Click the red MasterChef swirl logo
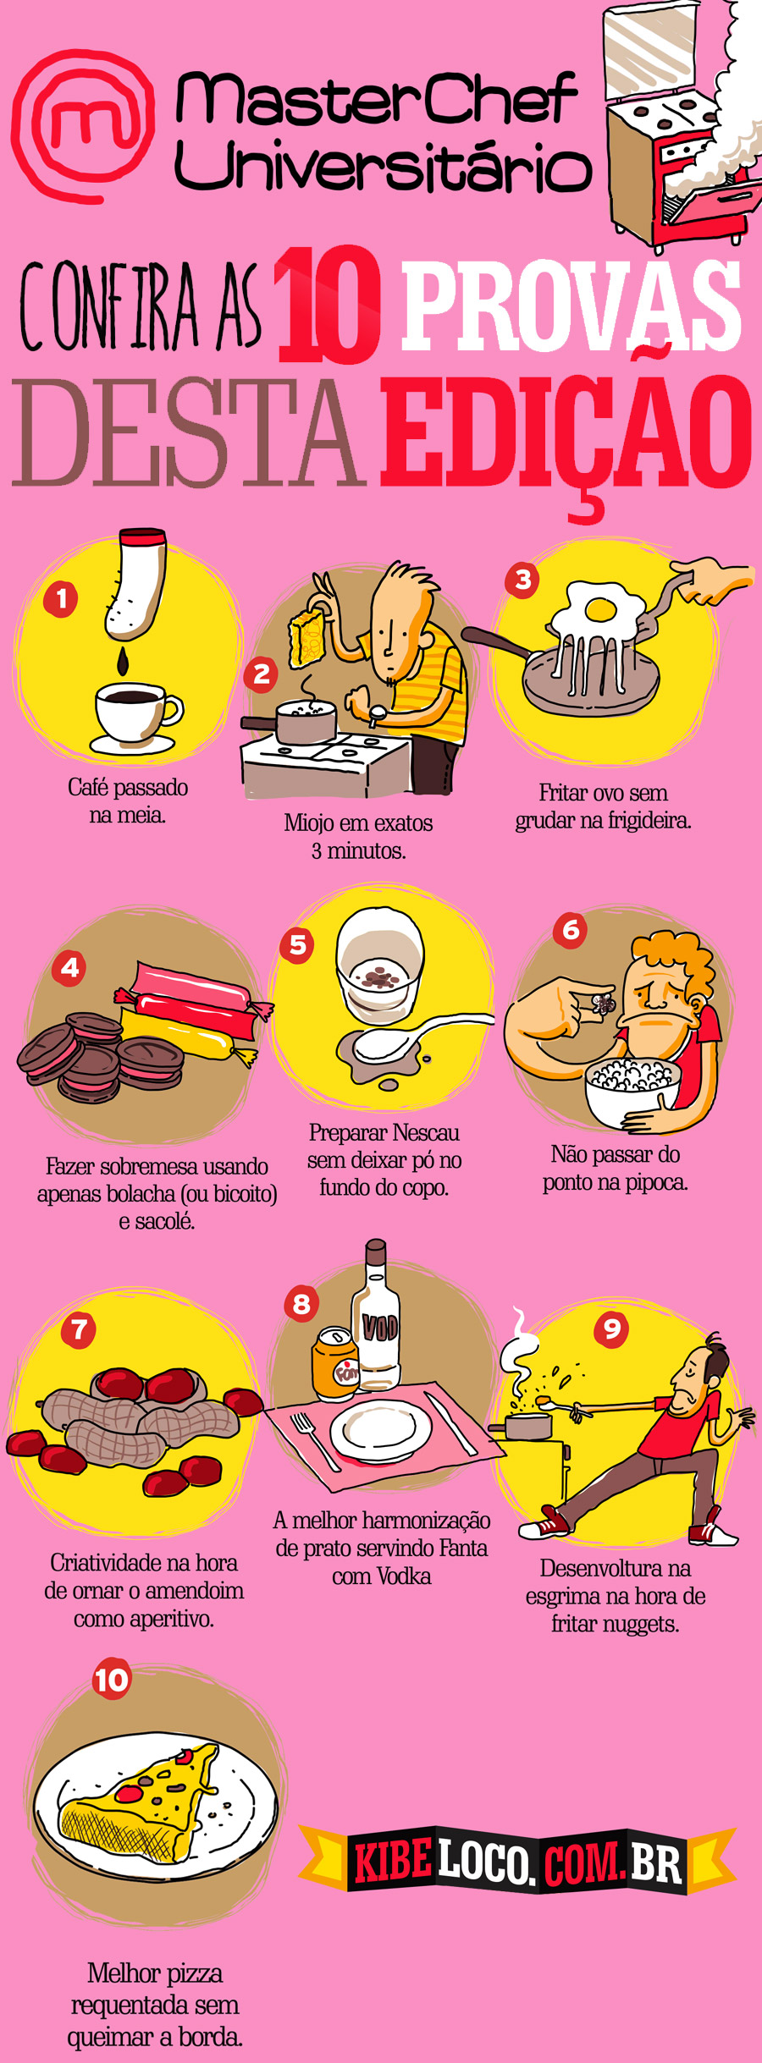83,125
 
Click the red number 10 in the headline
328,305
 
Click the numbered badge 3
522,580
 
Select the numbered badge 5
297,944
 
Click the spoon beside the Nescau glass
406,1039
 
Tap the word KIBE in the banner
392,1861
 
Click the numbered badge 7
79,1329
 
